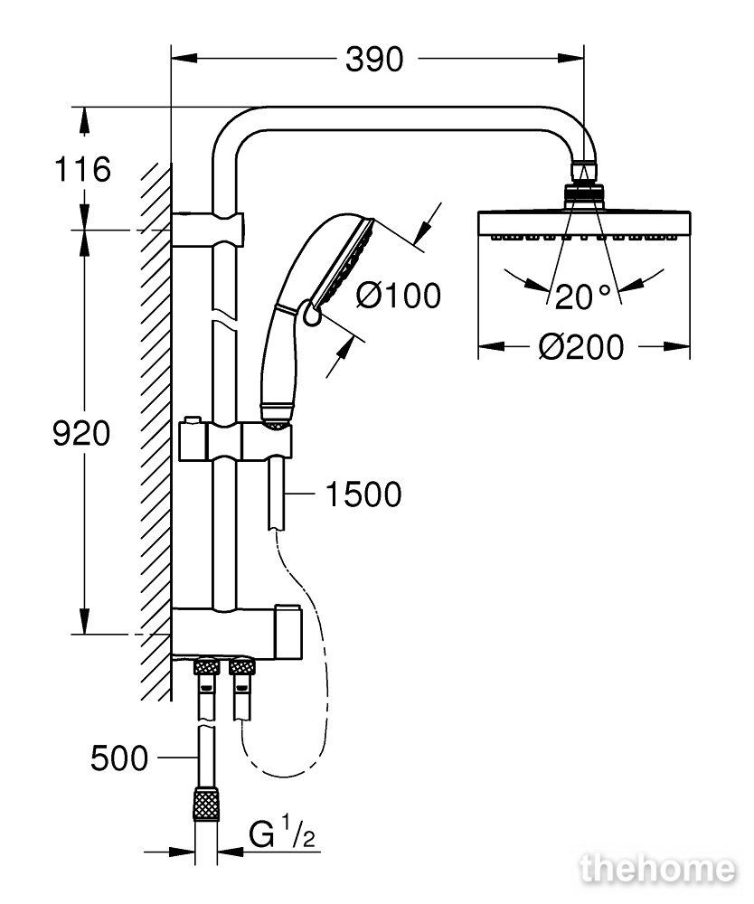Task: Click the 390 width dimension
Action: [x=374, y=60]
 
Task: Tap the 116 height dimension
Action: [x=82, y=170]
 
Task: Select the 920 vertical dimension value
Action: [x=81, y=434]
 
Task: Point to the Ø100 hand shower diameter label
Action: [x=399, y=296]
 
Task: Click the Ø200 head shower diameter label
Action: [x=581, y=347]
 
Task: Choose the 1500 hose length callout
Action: [x=363, y=494]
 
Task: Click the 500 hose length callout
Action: [x=119, y=758]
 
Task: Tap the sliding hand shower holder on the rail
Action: [x=236, y=442]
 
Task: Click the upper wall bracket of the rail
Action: [x=208, y=230]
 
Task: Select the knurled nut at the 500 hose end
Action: [x=206, y=803]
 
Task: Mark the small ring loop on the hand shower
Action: [x=311, y=317]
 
